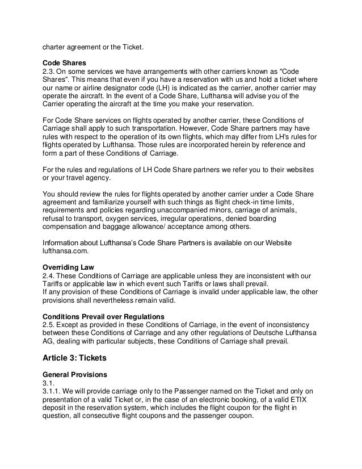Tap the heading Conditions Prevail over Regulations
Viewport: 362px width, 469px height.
(104, 316)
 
